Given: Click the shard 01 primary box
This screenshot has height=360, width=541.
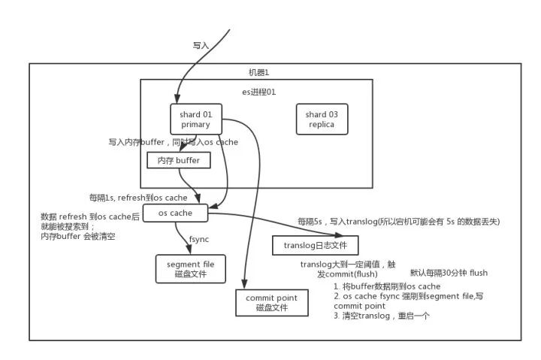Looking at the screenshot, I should (198, 119).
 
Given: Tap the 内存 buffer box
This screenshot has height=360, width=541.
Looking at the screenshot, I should (178, 160).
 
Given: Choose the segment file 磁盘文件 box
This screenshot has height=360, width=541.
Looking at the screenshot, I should (192, 268).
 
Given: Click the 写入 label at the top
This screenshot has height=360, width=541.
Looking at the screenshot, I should (201, 45).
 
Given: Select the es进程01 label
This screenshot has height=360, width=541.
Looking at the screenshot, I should (258, 92).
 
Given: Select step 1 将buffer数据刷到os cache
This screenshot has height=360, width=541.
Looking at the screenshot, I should (387, 286).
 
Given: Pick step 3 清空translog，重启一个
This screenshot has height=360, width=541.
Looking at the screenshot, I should (382, 316).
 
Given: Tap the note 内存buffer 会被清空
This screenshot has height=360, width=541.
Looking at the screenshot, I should (77, 236).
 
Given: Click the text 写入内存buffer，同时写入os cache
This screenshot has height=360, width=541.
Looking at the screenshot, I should (174, 141).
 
